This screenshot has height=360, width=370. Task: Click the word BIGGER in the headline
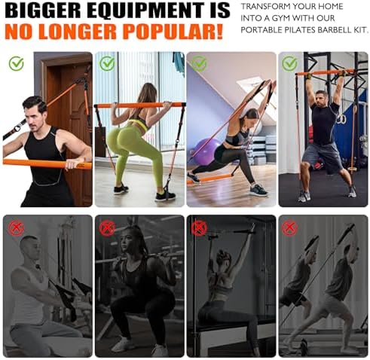click(x=42, y=11)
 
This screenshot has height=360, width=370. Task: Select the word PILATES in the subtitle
click(x=300, y=30)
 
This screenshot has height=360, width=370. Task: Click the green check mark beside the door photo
click(x=17, y=63)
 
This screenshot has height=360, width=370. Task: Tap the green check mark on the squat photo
click(x=107, y=63)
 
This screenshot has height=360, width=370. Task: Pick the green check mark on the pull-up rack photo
click(x=289, y=63)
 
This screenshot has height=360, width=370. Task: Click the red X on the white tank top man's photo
click(x=16, y=228)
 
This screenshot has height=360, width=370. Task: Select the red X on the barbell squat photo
click(x=107, y=228)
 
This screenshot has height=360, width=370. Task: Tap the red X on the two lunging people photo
click(x=289, y=228)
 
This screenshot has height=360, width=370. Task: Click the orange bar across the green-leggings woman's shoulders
click(x=140, y=105)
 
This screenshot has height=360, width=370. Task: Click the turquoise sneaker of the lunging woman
click(x=258, y=191)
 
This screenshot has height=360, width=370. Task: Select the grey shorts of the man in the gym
click(x=321, y=156)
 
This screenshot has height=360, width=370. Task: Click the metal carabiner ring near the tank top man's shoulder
click(x=17, y=129)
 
